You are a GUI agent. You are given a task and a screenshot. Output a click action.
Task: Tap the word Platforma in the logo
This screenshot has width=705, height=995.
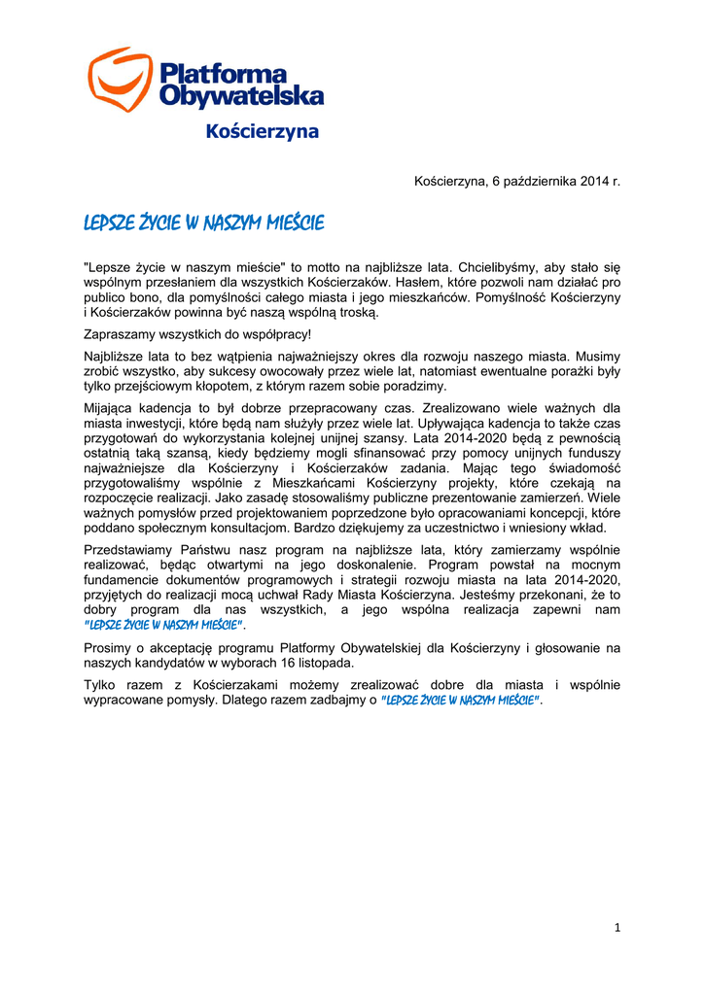click(x=223, y=73)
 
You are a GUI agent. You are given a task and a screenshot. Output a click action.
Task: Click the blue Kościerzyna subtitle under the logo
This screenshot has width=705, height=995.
click(x=263, y=132)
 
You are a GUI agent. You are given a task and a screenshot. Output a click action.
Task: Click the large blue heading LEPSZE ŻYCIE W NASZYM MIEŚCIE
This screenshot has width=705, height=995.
click(x=204, y=223)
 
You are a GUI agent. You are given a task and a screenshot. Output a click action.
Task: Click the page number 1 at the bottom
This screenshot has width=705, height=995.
click(x=617, y=929)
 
